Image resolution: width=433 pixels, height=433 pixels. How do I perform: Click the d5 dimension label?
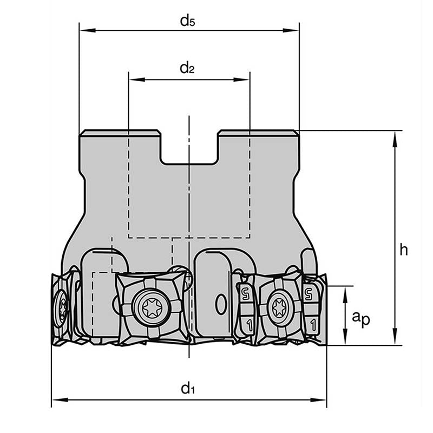[x=187, y=21]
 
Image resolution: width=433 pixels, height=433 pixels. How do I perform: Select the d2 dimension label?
[x=187, y=68]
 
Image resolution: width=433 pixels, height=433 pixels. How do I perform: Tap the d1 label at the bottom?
[x=187, y=388]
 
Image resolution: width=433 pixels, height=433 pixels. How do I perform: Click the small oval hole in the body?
[x=220, y=304]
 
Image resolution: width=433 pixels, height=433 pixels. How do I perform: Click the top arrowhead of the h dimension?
[x=395, y=135]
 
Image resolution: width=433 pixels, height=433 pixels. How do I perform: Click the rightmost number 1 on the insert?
[x=311, y=325]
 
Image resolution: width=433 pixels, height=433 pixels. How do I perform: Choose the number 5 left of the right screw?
[x=246, y=294]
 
